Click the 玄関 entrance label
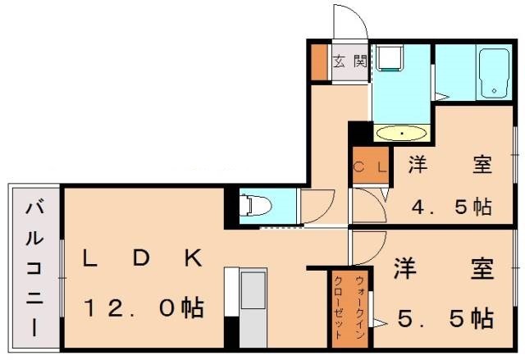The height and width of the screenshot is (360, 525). [x=349, y=60]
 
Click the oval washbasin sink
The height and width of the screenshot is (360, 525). [x=401, y=132]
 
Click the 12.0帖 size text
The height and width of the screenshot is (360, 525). [x=144, y=308]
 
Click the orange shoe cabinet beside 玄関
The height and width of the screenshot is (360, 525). [x=319, y=61]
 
